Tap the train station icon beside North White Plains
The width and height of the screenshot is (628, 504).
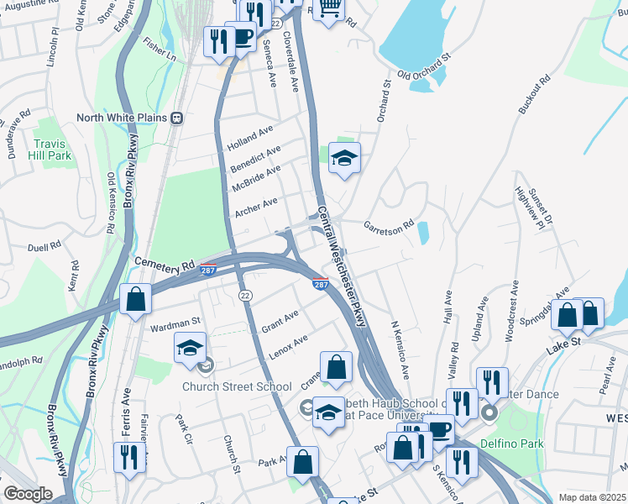click(177, 118)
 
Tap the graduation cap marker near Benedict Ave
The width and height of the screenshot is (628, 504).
click(343, 158)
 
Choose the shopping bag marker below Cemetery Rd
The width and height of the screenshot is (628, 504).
click(135, 299)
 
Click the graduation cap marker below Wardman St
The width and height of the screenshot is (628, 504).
click(191, 347)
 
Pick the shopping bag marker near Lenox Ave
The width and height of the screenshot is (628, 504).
click(336, 367)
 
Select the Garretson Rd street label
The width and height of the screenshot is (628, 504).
click(389, 225)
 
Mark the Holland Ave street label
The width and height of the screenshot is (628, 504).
click(250, 138)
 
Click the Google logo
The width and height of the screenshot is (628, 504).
click(27, 494)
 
